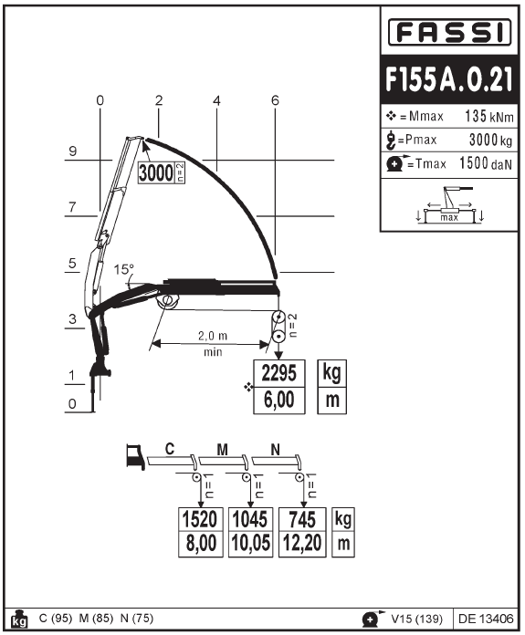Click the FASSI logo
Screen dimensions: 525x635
[449, 32]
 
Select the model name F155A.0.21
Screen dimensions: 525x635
[449, 79]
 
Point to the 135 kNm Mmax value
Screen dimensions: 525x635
[488, 116]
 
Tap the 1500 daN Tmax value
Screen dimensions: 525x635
[486, 163]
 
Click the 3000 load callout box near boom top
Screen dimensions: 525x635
[162, 172]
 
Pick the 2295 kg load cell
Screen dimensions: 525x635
[278, 373]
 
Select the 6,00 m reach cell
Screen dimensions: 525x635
[278, 401]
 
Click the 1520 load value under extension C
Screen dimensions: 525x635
[200, 519]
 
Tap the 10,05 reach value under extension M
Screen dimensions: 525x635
[250, 544]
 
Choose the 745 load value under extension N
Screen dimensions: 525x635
[302, 519]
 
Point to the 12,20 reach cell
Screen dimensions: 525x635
[302, 544]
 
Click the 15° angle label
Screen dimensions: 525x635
[123, 269]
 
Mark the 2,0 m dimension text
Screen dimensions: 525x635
[213, 336]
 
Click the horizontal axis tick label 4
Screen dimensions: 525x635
[216, 100]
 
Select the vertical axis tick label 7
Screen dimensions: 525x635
[72, 207]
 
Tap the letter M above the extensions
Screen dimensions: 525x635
[222, 450]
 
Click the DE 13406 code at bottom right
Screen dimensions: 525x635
[486, 619]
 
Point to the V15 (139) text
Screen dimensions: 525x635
[416, 619]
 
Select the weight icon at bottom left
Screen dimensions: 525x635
[19, 618]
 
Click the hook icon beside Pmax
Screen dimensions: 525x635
[391, 141]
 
